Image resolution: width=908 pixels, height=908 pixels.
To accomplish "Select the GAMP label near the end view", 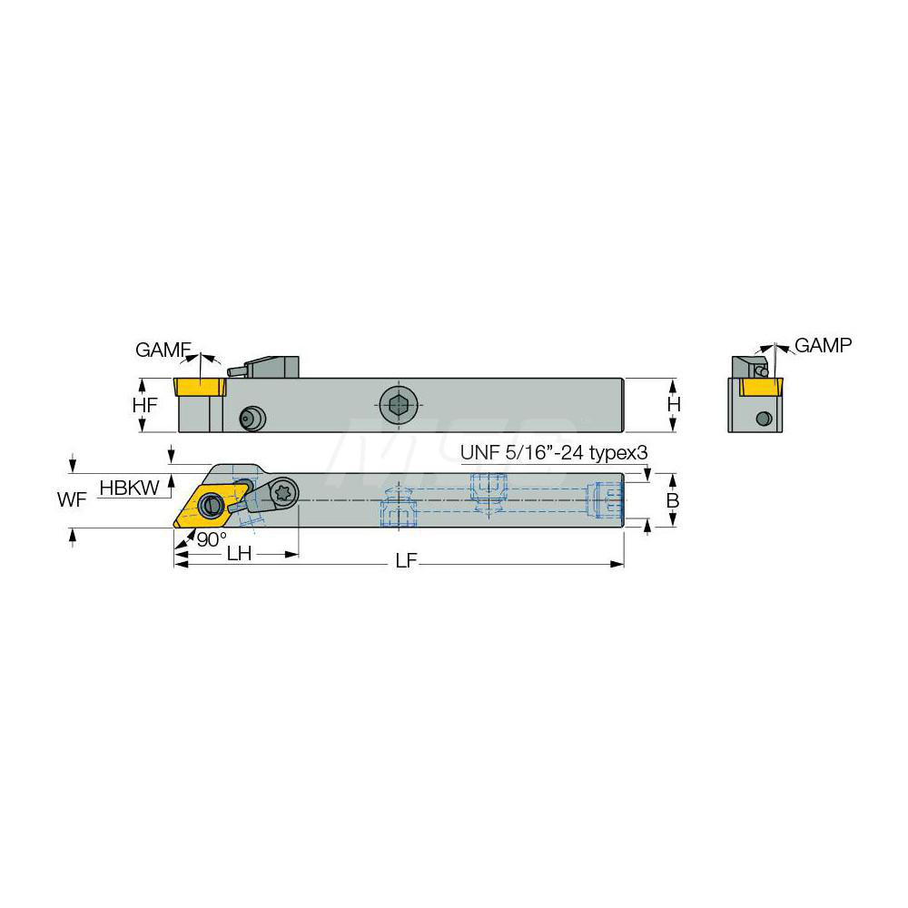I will (x=823, y=345).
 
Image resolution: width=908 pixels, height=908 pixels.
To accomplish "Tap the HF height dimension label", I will (x=144, y=405).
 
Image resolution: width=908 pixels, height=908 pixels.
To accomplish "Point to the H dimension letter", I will (x=674, y=404).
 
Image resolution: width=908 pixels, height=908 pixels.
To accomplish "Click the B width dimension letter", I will (x=673, y=500).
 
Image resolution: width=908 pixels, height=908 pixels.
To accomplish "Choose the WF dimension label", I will (x=73, y=499).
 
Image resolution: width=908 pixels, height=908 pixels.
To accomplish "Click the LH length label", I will (x=239, y=554).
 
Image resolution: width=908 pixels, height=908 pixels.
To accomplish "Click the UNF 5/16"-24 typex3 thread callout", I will (x=554, y=451).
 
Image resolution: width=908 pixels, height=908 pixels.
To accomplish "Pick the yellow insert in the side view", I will (x=202, y=387).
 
